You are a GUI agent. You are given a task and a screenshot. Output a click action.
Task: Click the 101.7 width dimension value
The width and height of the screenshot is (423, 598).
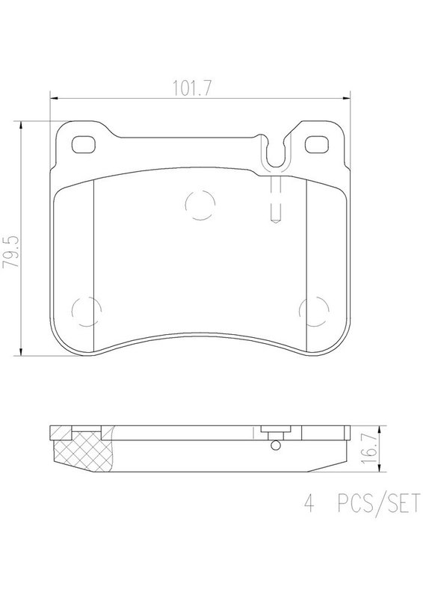point(192,88)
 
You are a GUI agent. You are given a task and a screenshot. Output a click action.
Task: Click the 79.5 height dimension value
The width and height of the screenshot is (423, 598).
point(10,252)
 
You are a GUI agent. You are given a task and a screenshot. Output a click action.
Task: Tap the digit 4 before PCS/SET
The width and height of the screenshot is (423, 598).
point(309,503)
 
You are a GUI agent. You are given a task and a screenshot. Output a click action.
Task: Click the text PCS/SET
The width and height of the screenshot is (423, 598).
point(379,503)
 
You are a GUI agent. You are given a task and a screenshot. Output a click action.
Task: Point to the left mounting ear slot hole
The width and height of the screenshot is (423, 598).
point(83,144)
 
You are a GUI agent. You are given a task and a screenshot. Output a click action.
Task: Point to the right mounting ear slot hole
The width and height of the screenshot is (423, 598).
point(316,144)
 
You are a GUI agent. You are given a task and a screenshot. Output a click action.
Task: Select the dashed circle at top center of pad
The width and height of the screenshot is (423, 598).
point(200,205)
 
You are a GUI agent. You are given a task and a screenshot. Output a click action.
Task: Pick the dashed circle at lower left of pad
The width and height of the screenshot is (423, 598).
point(86,311)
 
